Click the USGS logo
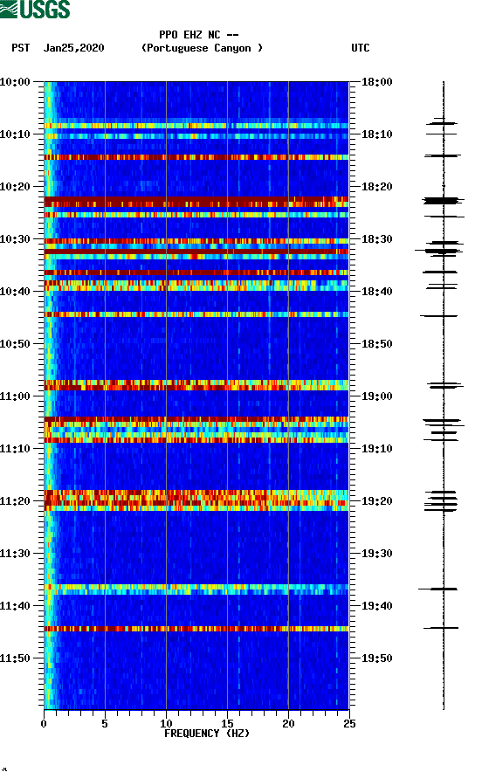tap(35, 10)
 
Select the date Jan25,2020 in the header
tap(74, 48)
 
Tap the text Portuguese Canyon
tap(202, 48)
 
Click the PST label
tap(21, 48)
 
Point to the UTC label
tap(360, 48)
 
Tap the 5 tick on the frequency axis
tap(105, 722)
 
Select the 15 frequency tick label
tap(227, 722)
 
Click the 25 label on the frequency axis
tap(348, 722)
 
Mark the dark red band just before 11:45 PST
tap(196, 629)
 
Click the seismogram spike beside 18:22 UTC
tap(443, 201)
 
